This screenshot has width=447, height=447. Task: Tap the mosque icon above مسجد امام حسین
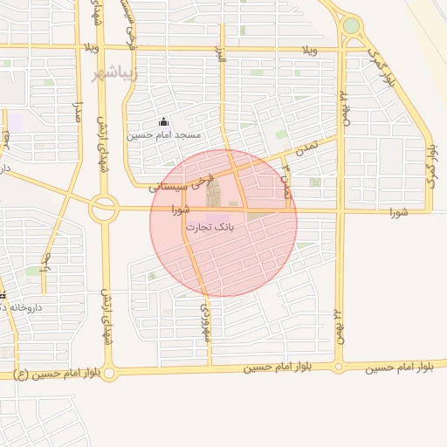click(x=163, y=123)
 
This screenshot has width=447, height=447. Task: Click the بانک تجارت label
click(x=209, y=226)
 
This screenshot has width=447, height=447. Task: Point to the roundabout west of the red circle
click(x=104, y=209)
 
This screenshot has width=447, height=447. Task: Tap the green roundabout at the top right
click(x=351, y=25)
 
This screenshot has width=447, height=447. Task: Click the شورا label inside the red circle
click(x=181, y=210)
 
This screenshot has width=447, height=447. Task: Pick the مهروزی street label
click(x=207, y=322)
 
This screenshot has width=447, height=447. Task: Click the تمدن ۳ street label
click(x=285, y=178)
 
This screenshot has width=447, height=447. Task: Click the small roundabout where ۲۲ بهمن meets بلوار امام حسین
click(x=340, y=367)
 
